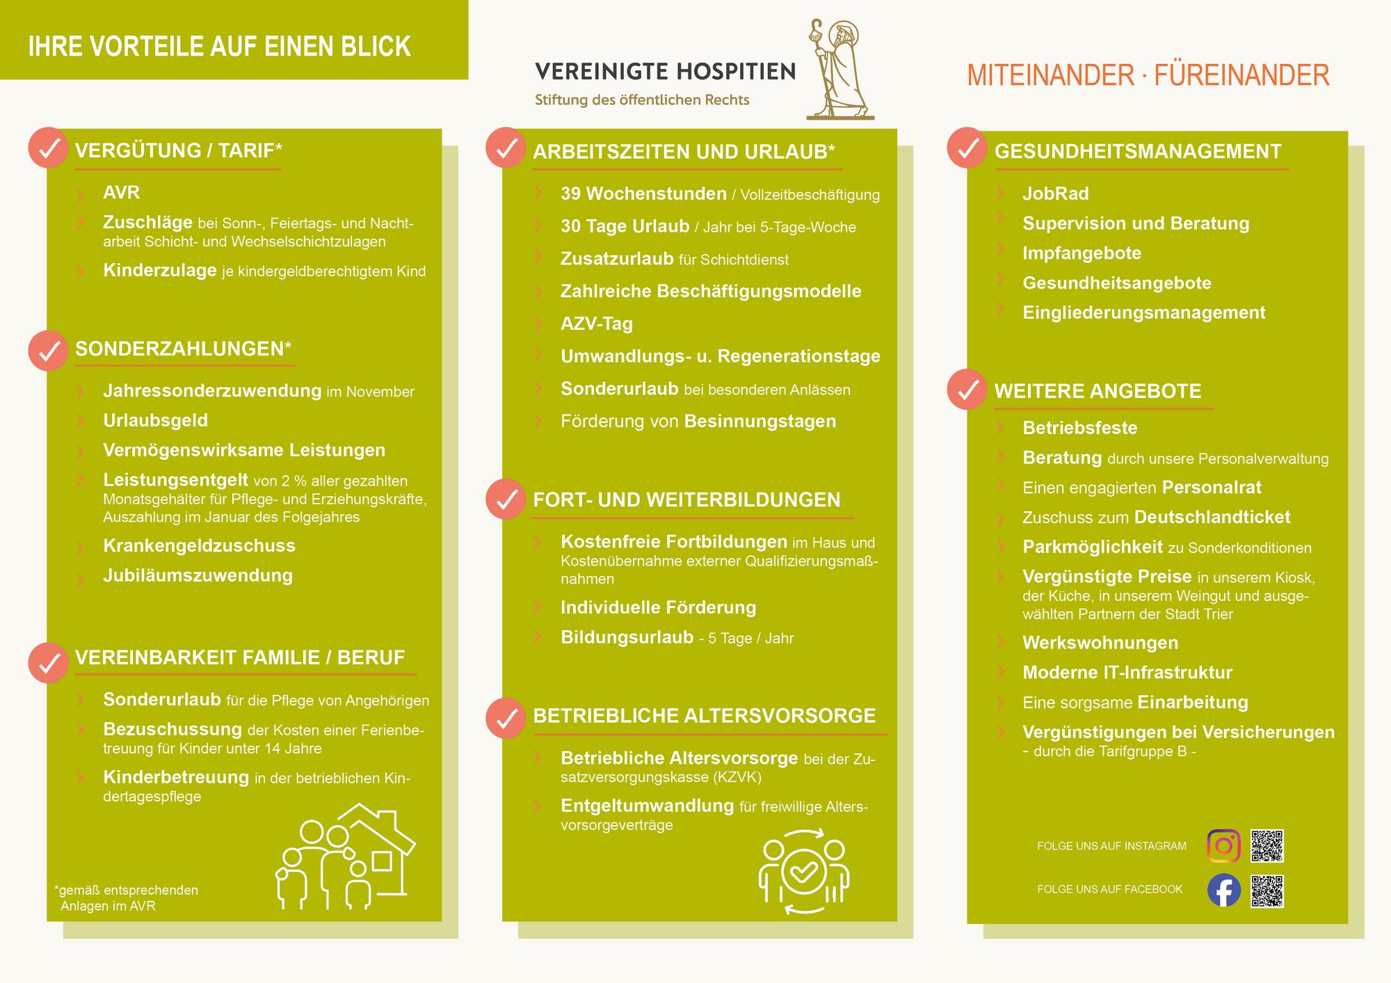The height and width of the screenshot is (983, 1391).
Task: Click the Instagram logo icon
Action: coord(1223,846)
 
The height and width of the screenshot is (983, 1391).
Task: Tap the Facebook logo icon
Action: coord(1223,890)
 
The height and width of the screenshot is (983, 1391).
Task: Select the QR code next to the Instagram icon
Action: coord(1267,846)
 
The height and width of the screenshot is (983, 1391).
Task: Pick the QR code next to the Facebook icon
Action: coord(1267,891)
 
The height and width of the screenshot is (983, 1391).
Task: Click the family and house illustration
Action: coord(346,858)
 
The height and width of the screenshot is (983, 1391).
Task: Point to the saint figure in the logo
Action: coord(839,70)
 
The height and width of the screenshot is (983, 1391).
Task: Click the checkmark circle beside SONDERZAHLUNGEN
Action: coord(48,351)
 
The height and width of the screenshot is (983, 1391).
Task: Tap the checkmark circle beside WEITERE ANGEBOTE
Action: coord(967,390)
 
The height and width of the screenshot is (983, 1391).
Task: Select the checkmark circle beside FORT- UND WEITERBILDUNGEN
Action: coord(506,499)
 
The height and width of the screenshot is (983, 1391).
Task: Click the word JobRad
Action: coord(1055,193)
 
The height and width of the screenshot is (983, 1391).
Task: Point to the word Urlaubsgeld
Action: coord(155,420)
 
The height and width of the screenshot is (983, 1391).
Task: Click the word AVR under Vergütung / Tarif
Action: coord(121,192)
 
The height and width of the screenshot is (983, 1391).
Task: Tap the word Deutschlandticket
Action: coord(1212,517)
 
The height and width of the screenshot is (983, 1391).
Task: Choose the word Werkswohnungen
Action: coord(1100,643)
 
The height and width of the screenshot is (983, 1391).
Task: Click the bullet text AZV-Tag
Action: coord(596,323)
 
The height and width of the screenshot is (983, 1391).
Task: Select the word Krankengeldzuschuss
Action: coord(199,545)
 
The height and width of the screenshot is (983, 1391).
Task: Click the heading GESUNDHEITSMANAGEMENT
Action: coord(1137,151)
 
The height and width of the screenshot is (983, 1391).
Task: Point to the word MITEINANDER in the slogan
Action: coord(1050,75)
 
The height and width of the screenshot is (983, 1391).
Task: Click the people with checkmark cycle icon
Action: coord(803,871)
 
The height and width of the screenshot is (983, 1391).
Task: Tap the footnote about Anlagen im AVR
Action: coord(126,898)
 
